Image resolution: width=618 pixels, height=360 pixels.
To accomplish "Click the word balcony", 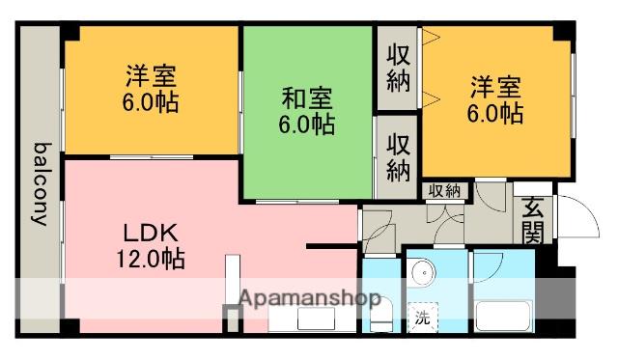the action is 42,184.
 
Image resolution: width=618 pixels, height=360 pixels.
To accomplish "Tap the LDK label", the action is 151,233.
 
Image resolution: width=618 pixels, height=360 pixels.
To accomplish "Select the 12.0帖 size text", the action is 151,259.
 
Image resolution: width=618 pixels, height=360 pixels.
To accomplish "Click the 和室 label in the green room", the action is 307,98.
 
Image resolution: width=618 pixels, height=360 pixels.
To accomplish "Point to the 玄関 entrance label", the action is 533,220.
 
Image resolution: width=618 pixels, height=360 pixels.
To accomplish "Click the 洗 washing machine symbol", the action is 423,317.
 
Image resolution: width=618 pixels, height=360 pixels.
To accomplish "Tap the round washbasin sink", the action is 424,272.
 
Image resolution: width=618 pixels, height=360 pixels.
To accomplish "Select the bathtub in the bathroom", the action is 503,316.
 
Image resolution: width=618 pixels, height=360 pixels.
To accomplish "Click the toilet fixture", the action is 381,313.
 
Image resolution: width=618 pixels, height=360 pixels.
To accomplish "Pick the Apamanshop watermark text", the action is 310,298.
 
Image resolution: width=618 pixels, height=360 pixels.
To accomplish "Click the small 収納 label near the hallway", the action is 444,191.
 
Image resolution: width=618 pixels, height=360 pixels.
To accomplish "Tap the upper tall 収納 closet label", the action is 398,69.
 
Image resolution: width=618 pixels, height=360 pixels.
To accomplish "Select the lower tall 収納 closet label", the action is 398,157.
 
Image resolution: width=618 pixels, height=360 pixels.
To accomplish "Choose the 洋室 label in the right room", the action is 495,87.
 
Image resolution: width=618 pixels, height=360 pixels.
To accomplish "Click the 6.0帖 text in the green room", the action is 307,125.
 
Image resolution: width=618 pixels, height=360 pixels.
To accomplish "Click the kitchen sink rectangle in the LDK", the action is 316,318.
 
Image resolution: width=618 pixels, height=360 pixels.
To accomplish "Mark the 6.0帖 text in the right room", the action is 495,113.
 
